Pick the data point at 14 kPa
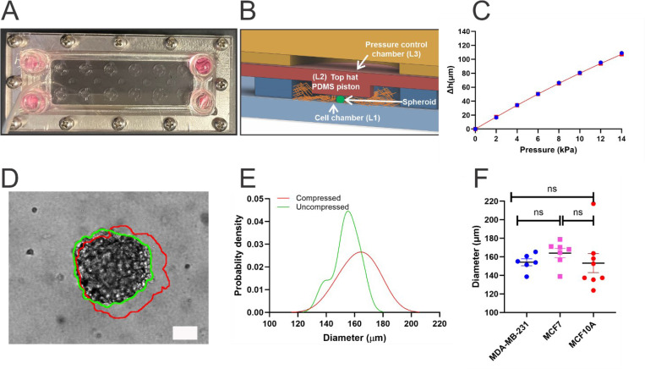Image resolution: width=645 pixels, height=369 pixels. (x=621, y=53)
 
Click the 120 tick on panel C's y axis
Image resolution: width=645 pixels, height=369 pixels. (x=464, y=42)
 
